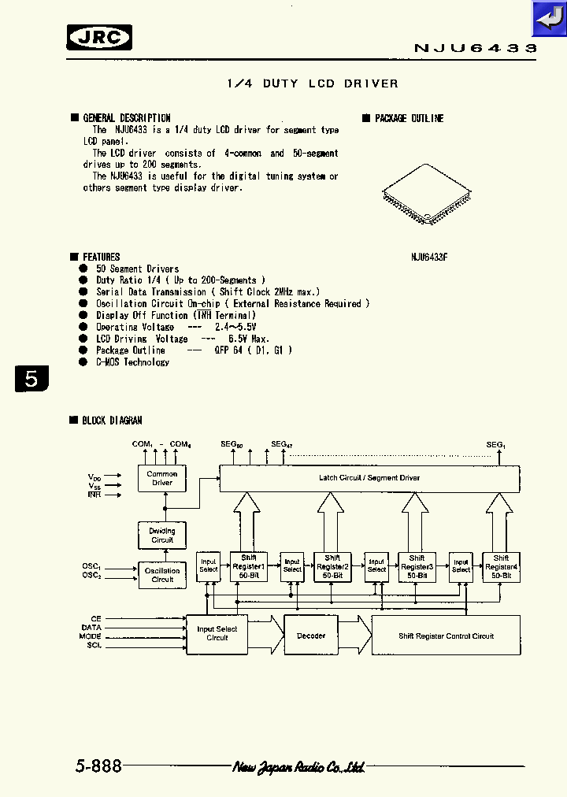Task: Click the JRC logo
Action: (x=98, y=37)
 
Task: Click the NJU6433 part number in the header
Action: (x=475, y=49)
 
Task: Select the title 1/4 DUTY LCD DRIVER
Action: (x=312, y=83)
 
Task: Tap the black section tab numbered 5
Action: (x=31, y=378)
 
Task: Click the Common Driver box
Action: (x=162, y=478)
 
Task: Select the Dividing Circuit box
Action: (x=162, y=536)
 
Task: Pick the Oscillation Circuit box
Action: (x=162, y=575)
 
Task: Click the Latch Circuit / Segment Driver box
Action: (x=369, y=478)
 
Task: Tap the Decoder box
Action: (x=311, y=636)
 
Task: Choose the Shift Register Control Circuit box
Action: (x=446, y=636)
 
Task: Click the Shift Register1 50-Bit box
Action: (x=249, y=567)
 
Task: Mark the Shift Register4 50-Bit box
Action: (x=501, y=567)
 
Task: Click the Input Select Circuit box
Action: (x=217, y=633)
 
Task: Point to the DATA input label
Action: (x=91, y=627)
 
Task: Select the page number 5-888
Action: (x=99, y=765)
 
